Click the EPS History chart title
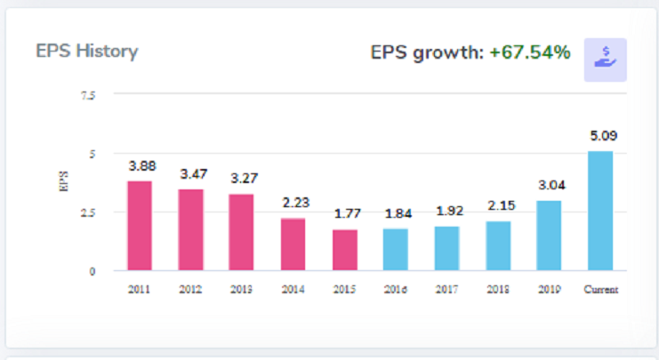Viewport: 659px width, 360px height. (x=86, y=51)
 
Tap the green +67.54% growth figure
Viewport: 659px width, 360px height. (x=529, y=52)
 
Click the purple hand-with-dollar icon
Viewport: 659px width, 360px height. (x=605, y=60)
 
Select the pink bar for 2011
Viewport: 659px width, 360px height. (x=140, y=226)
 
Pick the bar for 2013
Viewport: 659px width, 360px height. (x=242, y=232)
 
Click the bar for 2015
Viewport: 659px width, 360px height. (x=345, y=250)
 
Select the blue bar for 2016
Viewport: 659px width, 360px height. (x=396, y=249)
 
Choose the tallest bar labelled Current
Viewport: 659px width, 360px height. (x=600, y=211)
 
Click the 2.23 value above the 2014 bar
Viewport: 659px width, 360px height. (x=293, y=203)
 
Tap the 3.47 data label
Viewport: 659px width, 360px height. (x=191, y=174)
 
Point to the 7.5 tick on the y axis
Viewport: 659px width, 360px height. (x=87, y=95)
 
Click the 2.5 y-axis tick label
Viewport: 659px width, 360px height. (x=87, y=212)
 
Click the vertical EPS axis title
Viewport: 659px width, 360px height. (x=61, y=183)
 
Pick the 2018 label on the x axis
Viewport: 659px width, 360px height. (x=498, y=290)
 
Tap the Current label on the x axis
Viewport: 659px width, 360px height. (x=600, y=290)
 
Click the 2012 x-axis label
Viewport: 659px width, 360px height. (x=191, y=290)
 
